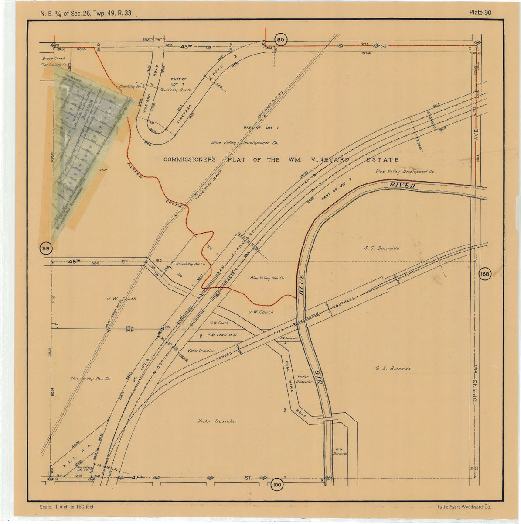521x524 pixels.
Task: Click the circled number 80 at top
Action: click(280, 40)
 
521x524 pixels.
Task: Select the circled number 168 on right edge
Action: click(484, 274)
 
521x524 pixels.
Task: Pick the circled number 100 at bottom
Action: click(276, 485)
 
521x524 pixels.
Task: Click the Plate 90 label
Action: click(480, 12)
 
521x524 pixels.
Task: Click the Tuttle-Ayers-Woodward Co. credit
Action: click(464, 507)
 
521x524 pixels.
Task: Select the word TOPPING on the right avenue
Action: click(475, 392)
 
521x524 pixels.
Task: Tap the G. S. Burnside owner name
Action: click(393, 368)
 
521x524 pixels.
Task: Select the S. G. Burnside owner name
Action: click(382, 248)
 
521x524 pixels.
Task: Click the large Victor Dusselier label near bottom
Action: click(217, 421)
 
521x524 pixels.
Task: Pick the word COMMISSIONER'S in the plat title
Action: click(190, 159)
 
